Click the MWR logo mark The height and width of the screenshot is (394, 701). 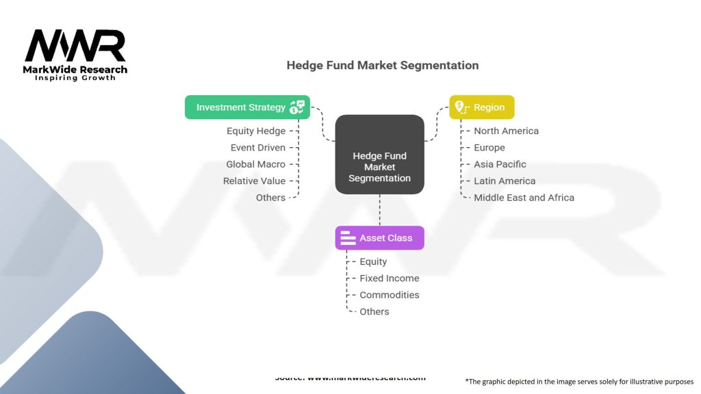pos(75,46)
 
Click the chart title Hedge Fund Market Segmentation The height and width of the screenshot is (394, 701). pos(382,66)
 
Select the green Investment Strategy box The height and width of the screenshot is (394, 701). pos(247,107)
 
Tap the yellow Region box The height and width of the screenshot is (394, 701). pos(481,107)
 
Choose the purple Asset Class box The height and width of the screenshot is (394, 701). pos(379,238)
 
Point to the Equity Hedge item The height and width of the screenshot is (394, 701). pos(255,131)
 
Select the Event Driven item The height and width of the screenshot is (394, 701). pos(257,148)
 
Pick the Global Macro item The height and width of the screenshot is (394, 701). pos(255,164)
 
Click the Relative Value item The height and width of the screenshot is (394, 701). pos(254,181)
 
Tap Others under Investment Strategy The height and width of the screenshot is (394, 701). pos(270,198)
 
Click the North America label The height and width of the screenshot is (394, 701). pos(506,131)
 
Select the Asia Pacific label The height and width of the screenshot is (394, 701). pos(500,164)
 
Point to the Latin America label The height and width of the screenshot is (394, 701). pos(505,181)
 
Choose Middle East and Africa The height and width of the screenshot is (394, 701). pos(524,198)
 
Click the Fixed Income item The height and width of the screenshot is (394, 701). pos(389,278)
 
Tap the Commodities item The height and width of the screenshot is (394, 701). pos(389,295)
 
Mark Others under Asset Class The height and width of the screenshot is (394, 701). pos(374,312)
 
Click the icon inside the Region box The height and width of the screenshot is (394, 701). pos(460,107)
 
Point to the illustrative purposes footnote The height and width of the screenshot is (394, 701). pos(579,382)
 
